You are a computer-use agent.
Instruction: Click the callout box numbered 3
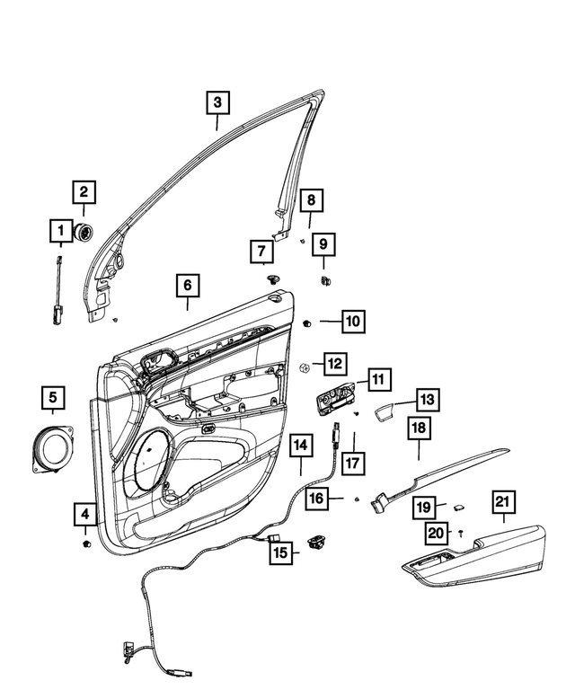217,102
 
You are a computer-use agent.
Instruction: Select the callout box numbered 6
187,286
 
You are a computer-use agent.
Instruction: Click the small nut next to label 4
86,545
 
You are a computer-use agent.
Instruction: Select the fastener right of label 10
307,321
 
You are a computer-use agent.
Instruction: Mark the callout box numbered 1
61,233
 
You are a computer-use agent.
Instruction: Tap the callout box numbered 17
352,464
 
